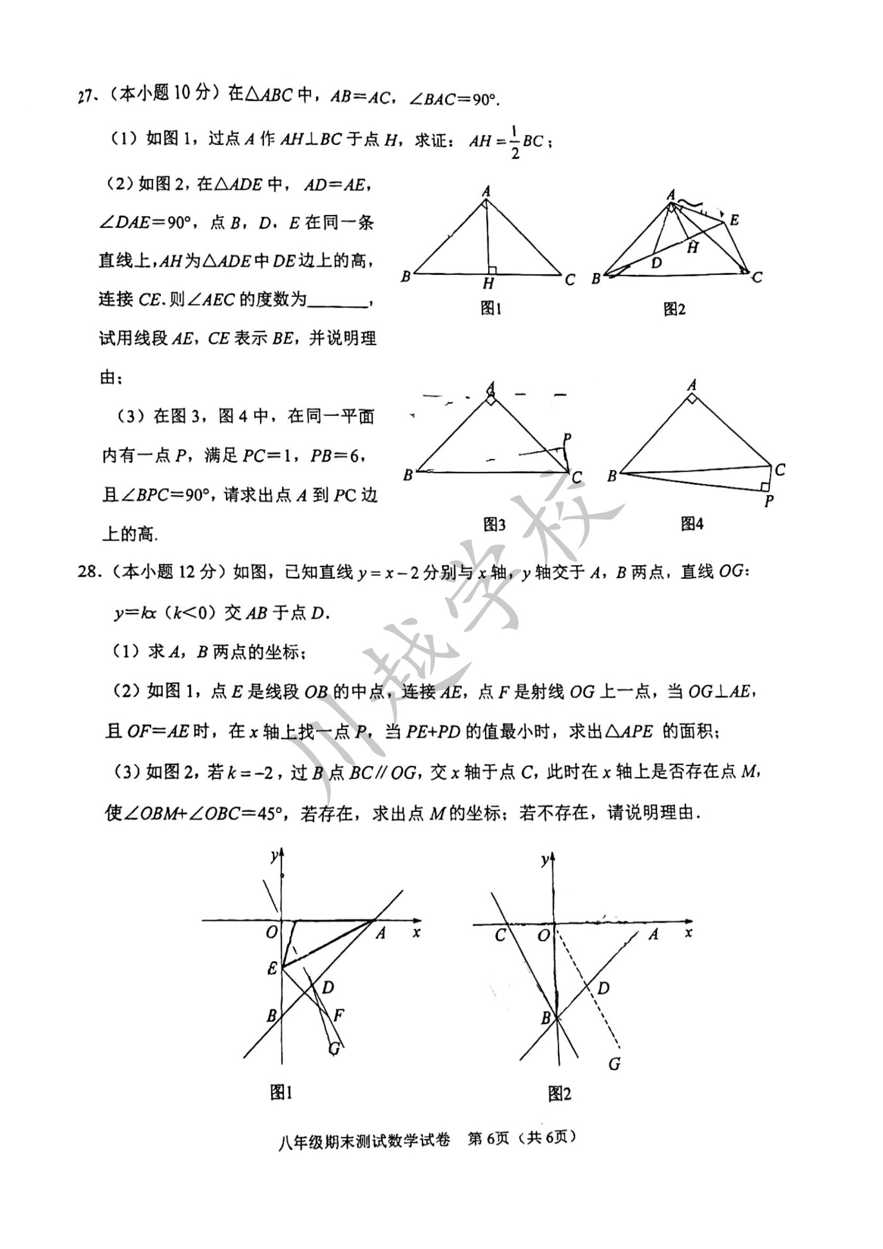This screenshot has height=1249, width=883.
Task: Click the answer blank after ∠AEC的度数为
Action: (337, 301)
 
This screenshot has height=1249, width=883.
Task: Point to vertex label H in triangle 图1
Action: (488, 284)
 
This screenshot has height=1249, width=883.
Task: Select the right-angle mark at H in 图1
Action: (492, 270)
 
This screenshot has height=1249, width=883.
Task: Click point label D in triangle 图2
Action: (657, 263)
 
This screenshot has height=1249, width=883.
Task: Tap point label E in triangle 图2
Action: (734, 221)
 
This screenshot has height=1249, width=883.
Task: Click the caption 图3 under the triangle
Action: (494, 524)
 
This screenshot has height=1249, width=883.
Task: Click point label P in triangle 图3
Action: (567, 438)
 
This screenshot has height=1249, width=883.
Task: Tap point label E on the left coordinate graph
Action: (272, 968)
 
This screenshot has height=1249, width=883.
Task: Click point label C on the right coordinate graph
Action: (500, 934)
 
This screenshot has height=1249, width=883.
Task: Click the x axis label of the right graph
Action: (689, 932)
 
